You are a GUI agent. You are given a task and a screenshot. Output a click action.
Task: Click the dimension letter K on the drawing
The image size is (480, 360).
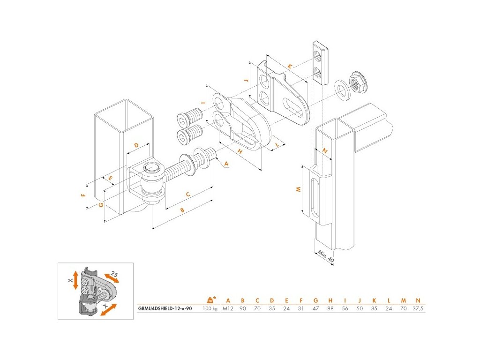tap(291, 67)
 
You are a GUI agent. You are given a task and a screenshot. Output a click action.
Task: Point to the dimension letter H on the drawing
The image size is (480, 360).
tap(239, 151)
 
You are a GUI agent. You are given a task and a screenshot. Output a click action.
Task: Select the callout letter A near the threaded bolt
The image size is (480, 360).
tap(226, 164)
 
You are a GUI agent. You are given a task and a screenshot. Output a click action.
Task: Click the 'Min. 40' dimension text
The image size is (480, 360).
tap(325, 256)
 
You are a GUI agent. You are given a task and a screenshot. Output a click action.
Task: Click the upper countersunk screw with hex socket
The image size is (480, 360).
tap(189, 117)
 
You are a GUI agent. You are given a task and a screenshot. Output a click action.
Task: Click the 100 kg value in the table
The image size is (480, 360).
tap(210, 309)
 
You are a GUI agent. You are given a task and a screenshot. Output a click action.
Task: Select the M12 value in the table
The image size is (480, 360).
tap(228, 309)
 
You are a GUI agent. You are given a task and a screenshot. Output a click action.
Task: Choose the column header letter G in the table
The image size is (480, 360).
tap(315, 300)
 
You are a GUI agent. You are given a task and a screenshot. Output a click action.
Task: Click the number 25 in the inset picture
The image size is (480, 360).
tap(114, 274)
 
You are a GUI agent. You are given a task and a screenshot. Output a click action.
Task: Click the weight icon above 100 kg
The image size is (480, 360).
tap(211, 299)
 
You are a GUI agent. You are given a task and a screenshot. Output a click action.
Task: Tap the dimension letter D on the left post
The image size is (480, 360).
tap(136, 146)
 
